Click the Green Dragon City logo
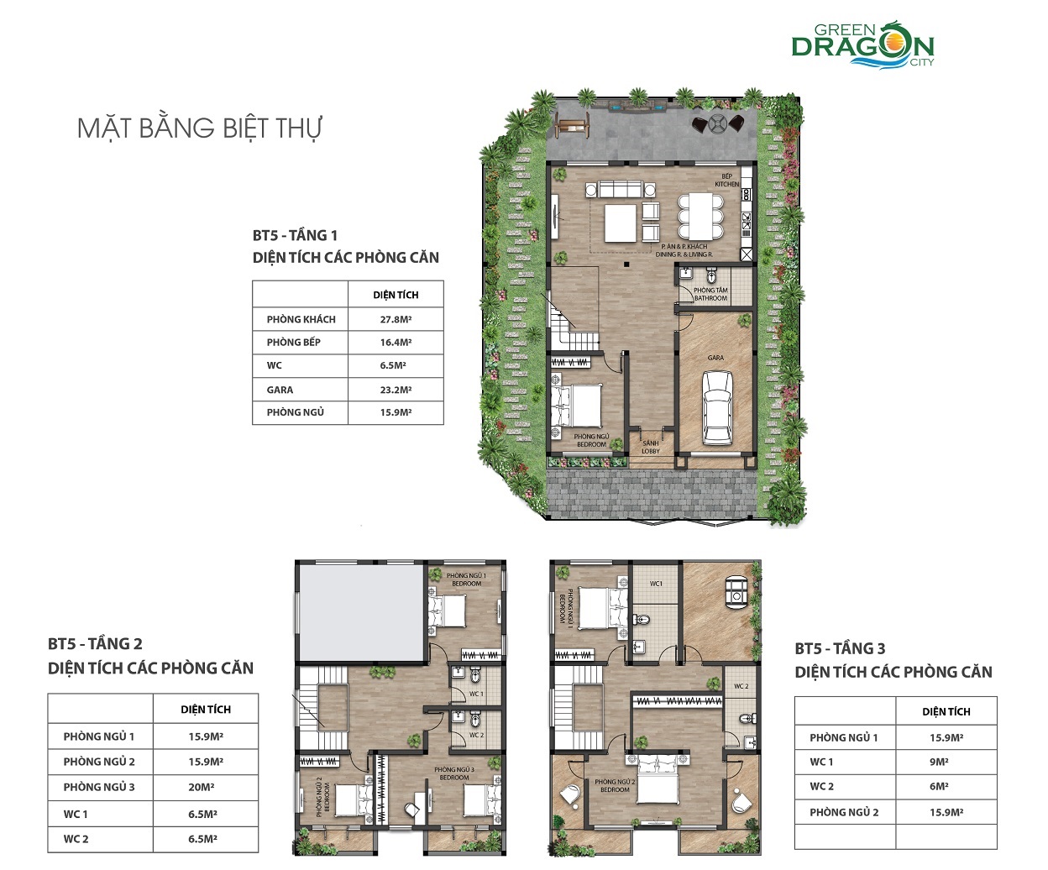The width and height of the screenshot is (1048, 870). [862, 42]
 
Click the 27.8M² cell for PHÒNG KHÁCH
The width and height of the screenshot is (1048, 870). [396, 319]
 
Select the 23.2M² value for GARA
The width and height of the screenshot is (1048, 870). [396, 390]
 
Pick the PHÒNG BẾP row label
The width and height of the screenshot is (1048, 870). [294, 343]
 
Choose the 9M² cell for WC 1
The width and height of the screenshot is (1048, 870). [940, 763]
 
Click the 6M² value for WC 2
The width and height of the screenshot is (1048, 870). [940, 787]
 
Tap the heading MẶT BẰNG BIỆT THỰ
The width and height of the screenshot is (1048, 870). [200, 128]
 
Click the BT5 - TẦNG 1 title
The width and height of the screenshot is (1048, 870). [295, 235]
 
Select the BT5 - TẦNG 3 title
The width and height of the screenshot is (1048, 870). [840, 648]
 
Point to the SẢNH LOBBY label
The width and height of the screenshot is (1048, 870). [651, 448]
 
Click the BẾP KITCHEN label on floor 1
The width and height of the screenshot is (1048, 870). [727, 181]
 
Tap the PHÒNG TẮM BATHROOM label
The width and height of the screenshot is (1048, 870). [710, 294]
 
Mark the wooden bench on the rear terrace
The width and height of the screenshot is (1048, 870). [572, 127]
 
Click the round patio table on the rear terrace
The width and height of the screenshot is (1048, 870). [719, 124]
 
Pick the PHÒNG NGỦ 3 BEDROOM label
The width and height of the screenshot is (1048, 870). [454, 773]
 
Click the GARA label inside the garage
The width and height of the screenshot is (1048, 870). [715, 358]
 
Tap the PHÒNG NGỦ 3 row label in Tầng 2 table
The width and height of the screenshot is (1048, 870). [99, 788]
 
